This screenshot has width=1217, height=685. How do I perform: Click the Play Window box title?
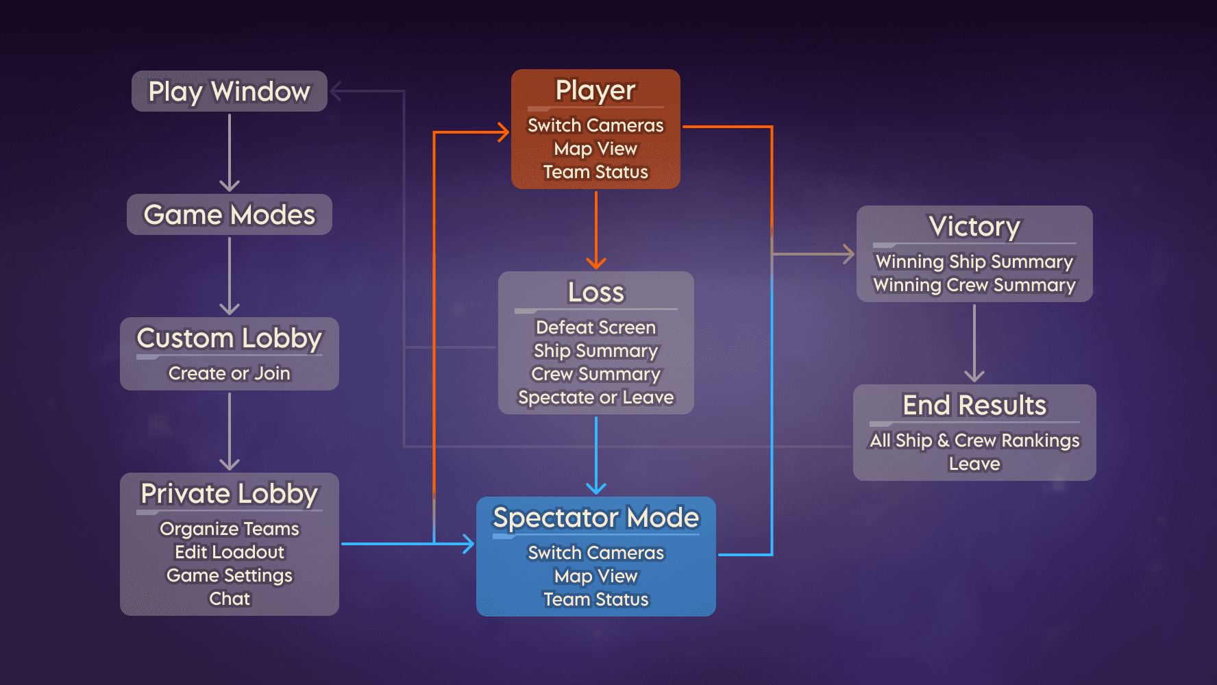click(229, 91)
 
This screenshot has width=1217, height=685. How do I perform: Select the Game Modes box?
click(229, 214)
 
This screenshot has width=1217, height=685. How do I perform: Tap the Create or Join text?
click(229, 373)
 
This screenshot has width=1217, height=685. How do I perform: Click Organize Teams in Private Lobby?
click(229, 529)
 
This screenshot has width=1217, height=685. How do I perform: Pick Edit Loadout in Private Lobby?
click(229, 552)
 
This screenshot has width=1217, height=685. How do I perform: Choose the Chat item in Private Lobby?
click(229, 599)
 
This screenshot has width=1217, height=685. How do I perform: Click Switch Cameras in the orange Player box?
click(595, 125)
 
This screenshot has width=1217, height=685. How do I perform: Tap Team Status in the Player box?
click(595, 172)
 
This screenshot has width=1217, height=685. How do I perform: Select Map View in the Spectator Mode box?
click(595, 576)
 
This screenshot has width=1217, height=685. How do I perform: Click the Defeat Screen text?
click(595, 327)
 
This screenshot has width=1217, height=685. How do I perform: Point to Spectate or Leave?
click(595, 397)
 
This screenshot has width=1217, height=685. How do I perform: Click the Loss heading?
click(595, 292)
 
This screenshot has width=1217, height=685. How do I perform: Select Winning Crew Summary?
click(974, 285)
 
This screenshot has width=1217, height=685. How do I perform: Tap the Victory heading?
click(974, 226)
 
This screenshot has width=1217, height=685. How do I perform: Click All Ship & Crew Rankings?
click(974, 440)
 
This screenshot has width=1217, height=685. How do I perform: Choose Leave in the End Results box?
click(974, 464)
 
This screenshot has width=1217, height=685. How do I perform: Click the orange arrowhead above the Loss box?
click(596, 264)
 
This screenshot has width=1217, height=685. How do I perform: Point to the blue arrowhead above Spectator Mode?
click(596, 488)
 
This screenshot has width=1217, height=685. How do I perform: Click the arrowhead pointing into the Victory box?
click(849, 254)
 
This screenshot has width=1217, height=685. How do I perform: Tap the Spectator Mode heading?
click(595, 517)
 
